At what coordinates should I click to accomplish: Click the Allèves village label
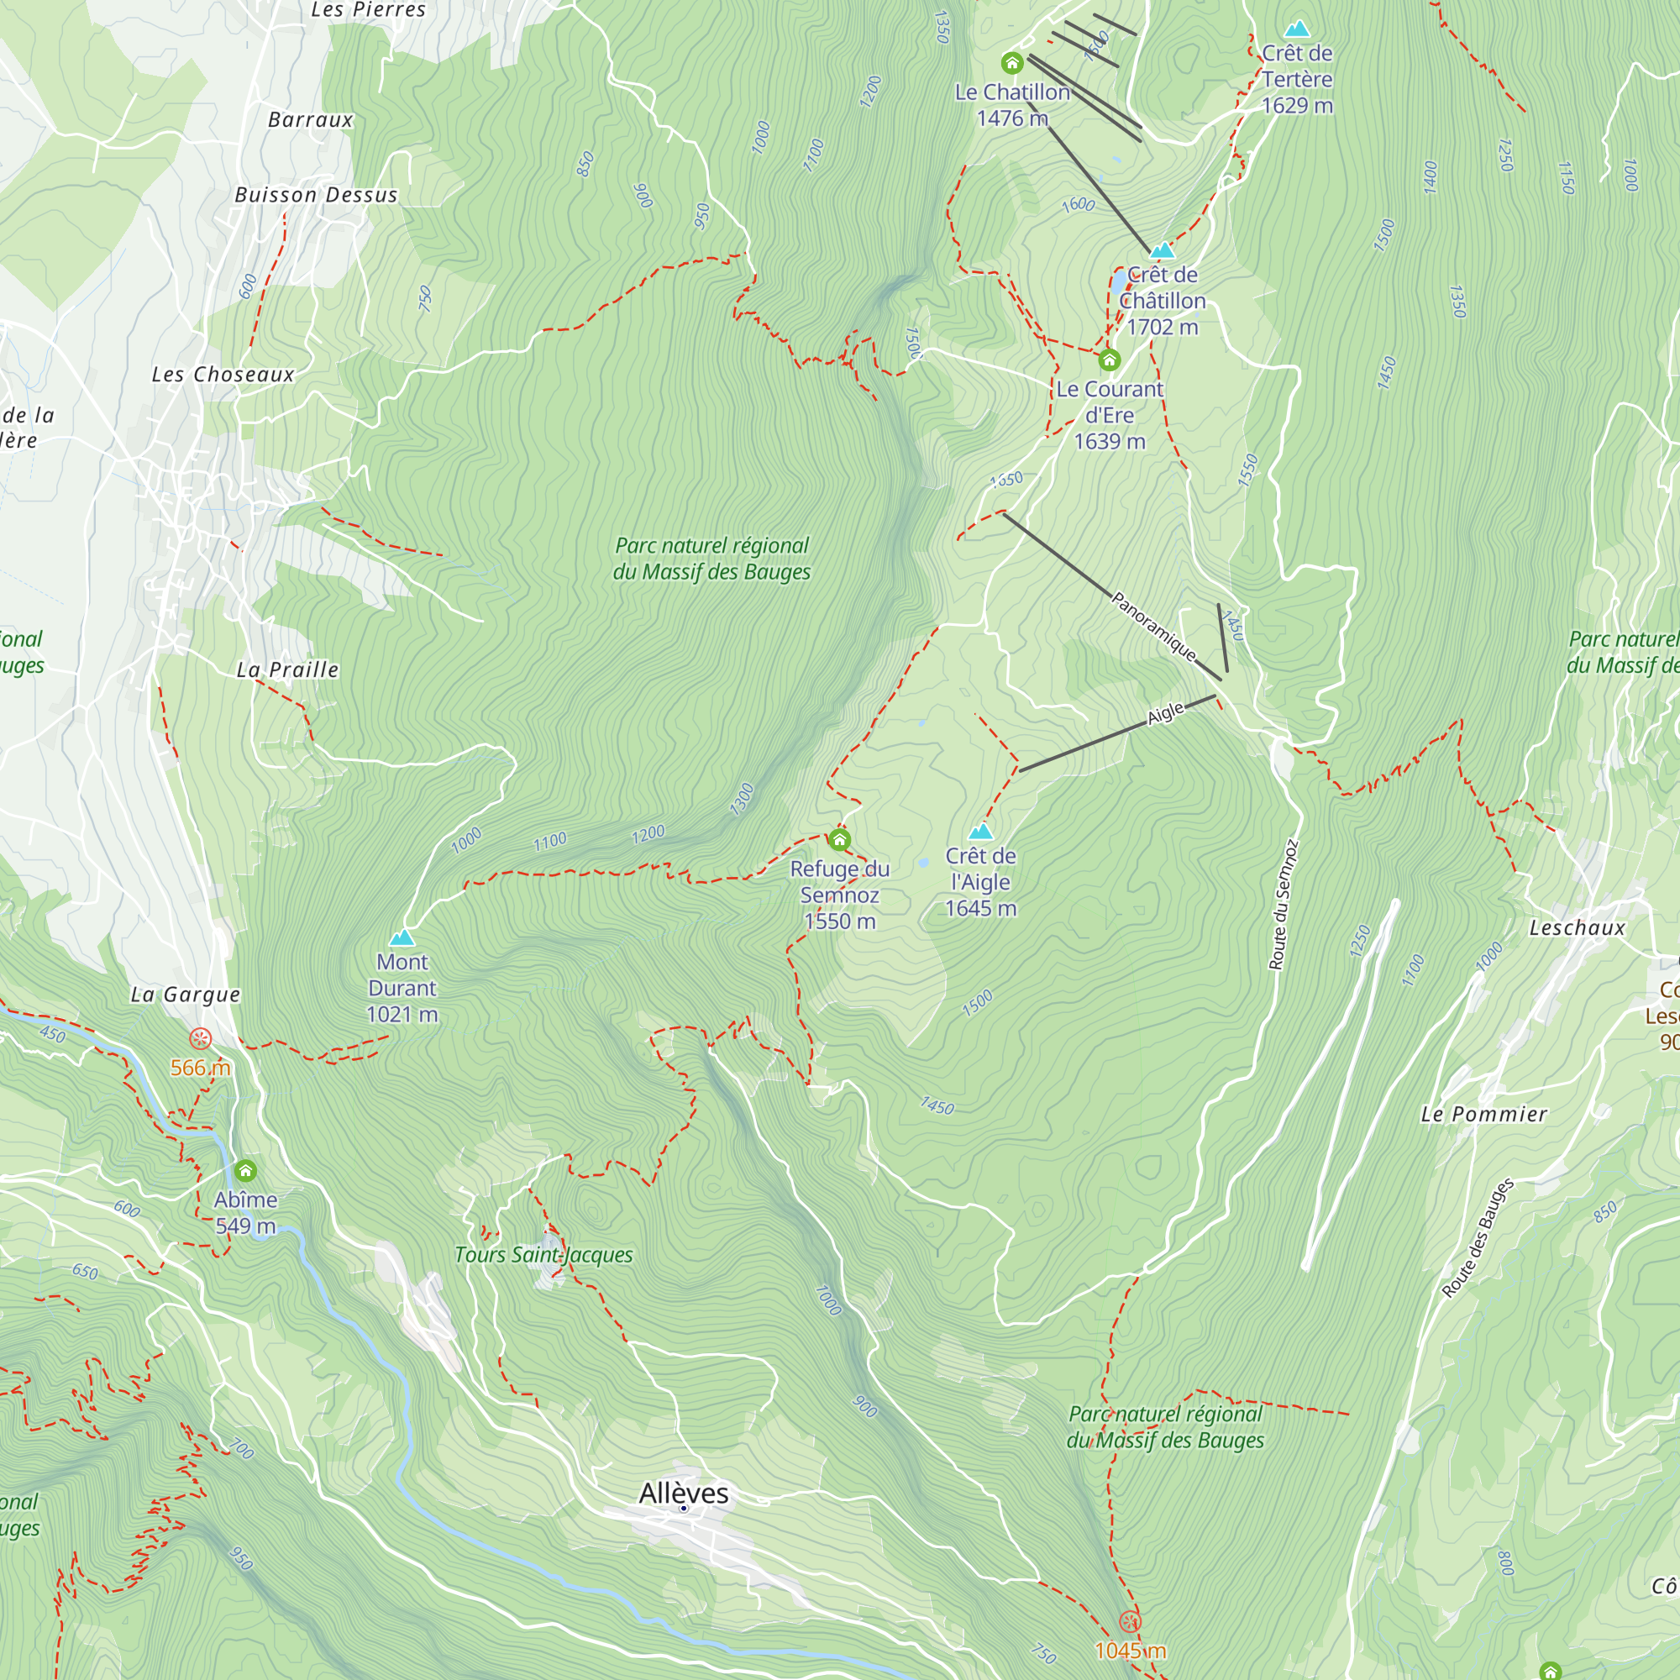point(684,1493)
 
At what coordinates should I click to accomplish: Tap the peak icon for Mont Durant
point(402,937)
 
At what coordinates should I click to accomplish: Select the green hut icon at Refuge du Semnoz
point(839,839)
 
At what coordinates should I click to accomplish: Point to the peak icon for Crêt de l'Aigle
point(981,832)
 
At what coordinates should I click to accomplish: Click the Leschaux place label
point(1577,928)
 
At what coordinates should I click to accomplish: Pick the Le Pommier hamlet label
point(1483,1114)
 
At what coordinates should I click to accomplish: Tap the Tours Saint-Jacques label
point(543,1255)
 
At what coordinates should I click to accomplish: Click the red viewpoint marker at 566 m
point(201,1038)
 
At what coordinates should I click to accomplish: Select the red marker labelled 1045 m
point(1130,1621)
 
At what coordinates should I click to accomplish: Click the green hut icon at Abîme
point(246,1169)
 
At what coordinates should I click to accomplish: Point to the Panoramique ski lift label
point(1153,625)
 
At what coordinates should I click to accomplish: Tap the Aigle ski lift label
point(1165,713)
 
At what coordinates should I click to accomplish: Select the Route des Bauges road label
point(1478,1238)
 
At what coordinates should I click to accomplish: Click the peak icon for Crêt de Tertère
point(1296,29)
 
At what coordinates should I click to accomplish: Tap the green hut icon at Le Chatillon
point(1011,63)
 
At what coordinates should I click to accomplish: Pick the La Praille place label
point(287,669)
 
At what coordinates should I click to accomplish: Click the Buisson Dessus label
point(316,195)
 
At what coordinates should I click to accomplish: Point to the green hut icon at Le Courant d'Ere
point(1109,360)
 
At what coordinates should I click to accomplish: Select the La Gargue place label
point(185,995)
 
